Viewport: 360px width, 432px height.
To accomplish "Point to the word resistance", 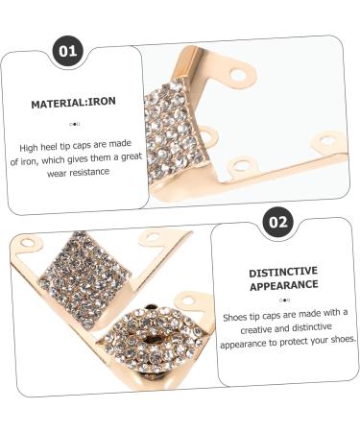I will click(90, 172).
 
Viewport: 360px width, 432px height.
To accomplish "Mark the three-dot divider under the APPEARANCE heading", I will click(282, 300).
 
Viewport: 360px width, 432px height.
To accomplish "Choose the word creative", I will click(246, 326).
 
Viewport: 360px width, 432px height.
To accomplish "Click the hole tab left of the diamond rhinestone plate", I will click(30, 243).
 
